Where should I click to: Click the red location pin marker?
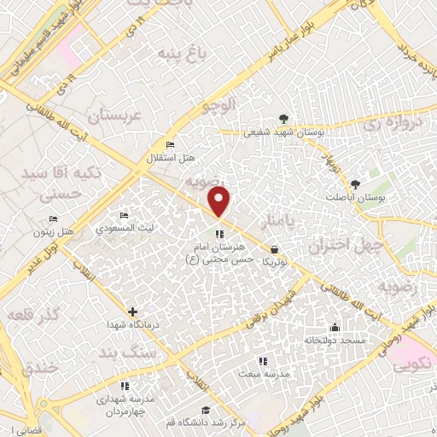click(x=220, y=201)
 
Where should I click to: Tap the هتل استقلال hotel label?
click(x=178, y=159)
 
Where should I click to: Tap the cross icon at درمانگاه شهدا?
click(x=132, y=312)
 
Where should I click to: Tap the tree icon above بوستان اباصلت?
click(x=356, y=184)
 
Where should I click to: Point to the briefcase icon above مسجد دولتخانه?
click(x=335, y=327)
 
